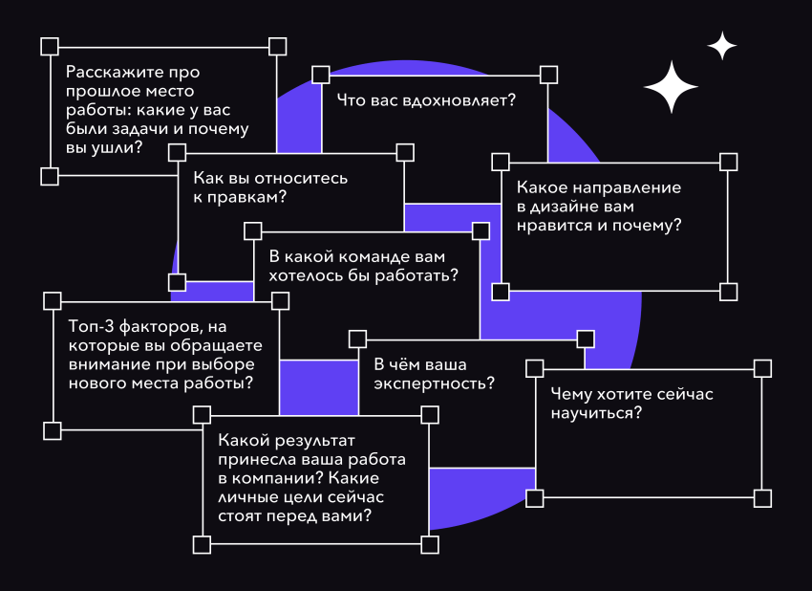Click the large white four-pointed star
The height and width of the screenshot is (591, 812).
click(x=672, y=88)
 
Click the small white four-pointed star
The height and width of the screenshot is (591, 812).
click(x=722, y=46)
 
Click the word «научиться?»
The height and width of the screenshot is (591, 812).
click(x=595, y=413)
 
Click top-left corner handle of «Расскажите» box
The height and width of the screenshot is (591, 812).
click(x=50, y=46)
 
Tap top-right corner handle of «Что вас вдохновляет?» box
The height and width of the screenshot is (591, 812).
click(x=548, y=74)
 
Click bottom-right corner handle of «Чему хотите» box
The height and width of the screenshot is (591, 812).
click(x=762, y=497)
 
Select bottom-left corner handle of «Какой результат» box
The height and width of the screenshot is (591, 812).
click(x=202, y=544)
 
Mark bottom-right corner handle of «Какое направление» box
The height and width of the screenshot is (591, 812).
click(x=729, y=291)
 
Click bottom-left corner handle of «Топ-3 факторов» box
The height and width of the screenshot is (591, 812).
click(x=53, y=430)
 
